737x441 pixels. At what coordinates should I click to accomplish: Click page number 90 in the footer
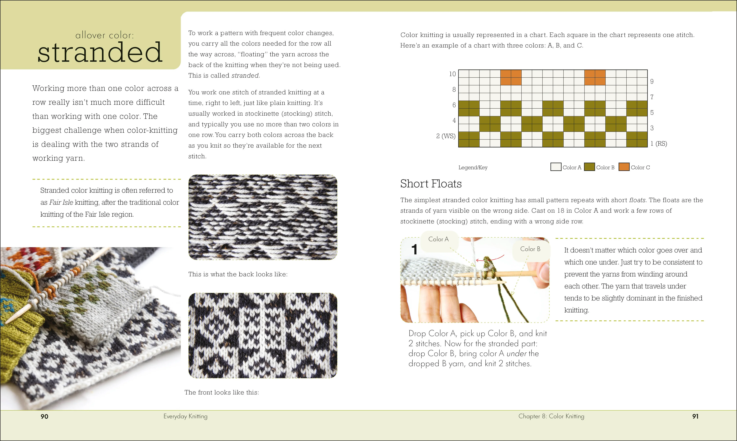click(44, 416)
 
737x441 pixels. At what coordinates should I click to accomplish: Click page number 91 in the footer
click(695, 416)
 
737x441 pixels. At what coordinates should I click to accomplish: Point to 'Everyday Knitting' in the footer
click(185, 416)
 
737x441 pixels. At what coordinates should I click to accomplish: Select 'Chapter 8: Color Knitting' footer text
click(551, 416)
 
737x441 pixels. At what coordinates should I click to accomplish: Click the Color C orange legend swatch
click(624, 167)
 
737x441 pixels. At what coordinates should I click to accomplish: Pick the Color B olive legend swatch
click(589, 167)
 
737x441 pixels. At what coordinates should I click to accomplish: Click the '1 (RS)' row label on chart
click(658, 144)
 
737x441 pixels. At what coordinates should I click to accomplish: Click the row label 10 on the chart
click(452, 74)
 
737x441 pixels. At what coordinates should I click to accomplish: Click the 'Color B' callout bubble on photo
click(530, 249)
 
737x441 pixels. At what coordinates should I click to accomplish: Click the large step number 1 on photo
click(414, 249)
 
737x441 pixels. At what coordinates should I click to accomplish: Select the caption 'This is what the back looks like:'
click(238, 274)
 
